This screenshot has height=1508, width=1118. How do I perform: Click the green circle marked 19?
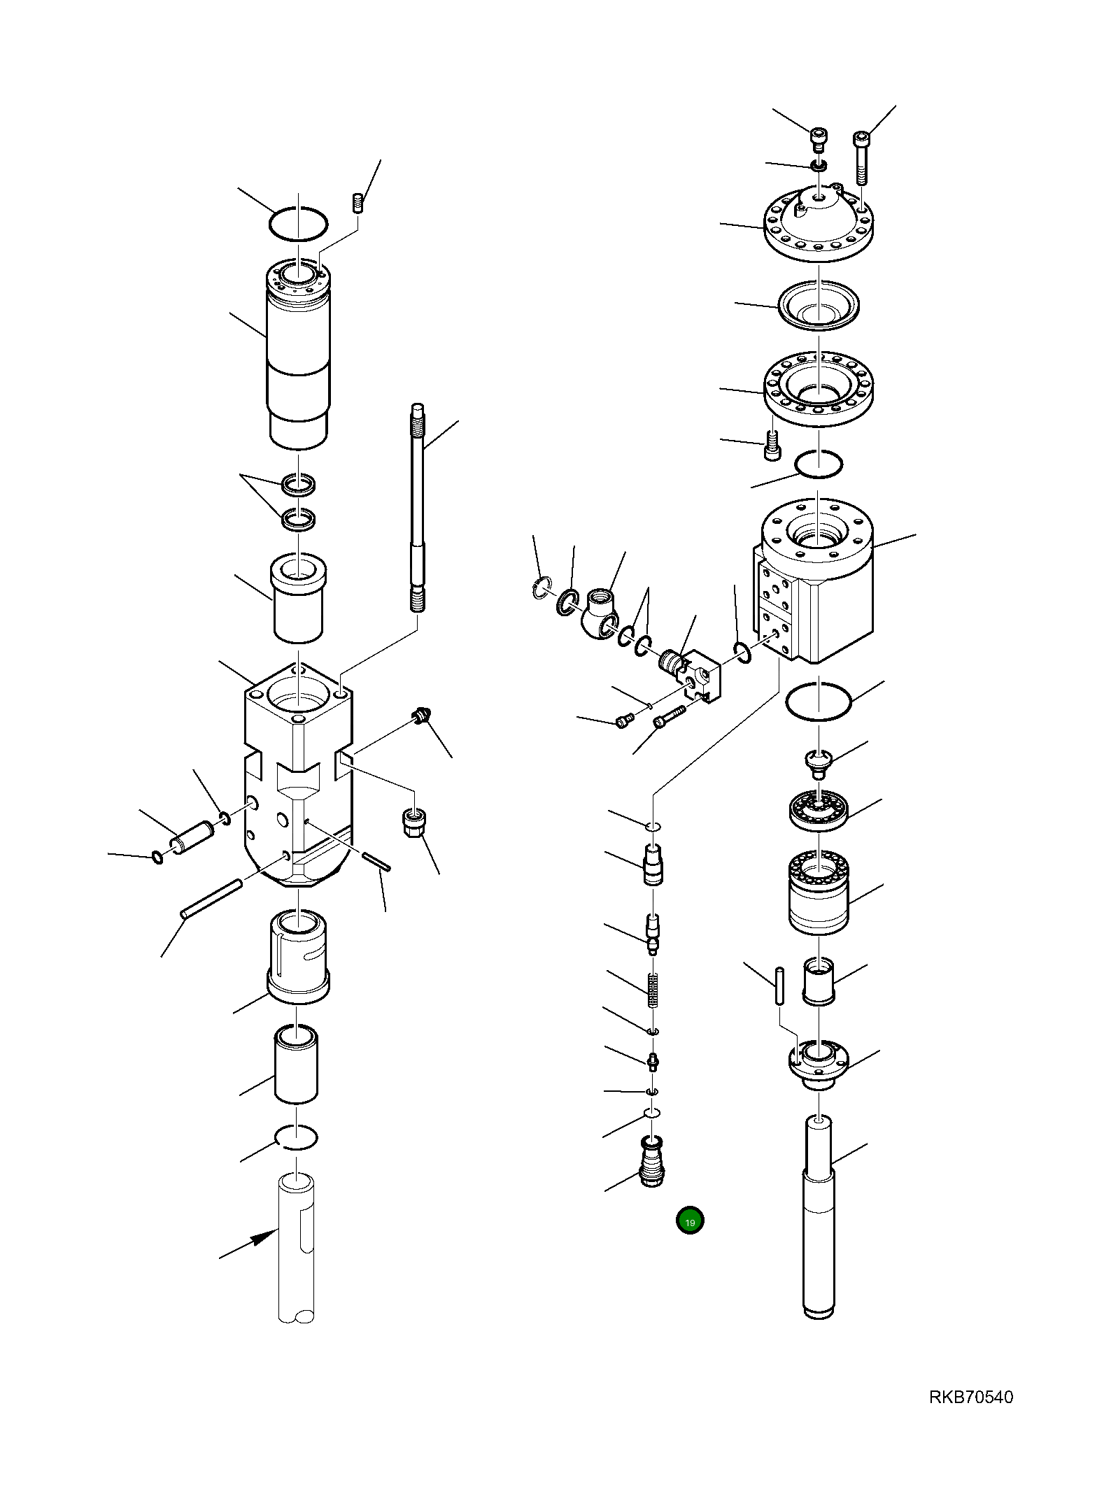pos(689,1221)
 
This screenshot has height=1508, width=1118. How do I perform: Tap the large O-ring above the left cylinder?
pos(298,225)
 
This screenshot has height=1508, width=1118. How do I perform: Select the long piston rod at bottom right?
pos(818,1217)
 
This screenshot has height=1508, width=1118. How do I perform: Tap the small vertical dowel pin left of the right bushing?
pos(779,986)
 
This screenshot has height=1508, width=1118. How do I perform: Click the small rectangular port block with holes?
pos(703,676)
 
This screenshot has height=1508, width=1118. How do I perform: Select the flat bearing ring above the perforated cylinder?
pos(819,810)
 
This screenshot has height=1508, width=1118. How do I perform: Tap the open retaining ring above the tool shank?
pos(297,1137)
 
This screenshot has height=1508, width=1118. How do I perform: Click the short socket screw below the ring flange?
pos(772,446)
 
